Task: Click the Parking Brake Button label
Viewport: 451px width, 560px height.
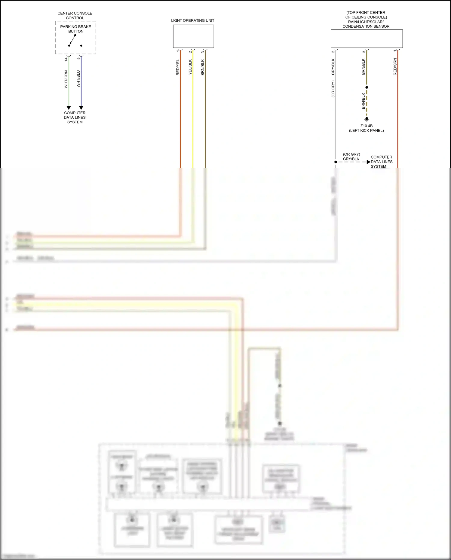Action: pos(75,29)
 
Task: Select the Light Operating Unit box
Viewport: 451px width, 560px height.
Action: pos(193,36)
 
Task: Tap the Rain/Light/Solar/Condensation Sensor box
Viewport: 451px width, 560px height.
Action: pos(367,39)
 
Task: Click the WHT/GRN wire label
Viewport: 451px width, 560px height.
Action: pos(66,79)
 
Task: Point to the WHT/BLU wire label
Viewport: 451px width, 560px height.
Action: pos(78,79)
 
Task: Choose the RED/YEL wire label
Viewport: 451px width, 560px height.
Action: pos(178,67)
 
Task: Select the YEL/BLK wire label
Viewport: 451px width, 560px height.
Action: pos(190,67)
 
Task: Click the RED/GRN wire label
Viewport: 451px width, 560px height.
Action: pos(395,67)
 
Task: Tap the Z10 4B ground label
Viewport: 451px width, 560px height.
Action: pos(366,126)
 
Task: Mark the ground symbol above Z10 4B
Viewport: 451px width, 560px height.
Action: pos(367,119)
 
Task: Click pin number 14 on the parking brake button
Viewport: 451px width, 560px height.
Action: pos(66,59)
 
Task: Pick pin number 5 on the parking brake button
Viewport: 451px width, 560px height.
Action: pos(78,58)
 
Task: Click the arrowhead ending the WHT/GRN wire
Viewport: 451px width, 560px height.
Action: pos(69,108)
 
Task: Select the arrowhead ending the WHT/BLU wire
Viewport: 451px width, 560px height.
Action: pos(81,108)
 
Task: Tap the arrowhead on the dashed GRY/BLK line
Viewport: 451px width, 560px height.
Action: pos(368,162)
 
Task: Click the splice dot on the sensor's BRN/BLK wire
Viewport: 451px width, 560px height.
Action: pos(367,87)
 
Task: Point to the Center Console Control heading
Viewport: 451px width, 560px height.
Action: pos(75,15)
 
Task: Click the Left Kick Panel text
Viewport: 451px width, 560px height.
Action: pos(366,131)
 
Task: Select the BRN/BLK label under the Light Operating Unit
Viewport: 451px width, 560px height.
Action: pos(203,67)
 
